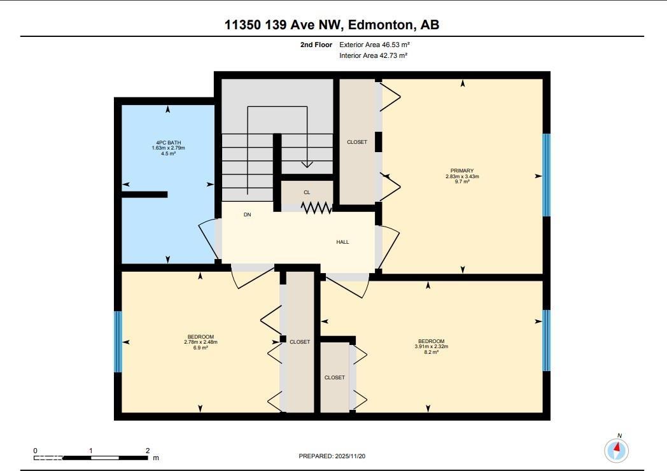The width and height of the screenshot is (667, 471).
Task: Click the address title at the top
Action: [332, 25]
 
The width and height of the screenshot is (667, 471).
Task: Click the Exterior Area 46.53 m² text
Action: [373, 45]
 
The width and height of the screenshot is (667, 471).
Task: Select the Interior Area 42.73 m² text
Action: [373, 55]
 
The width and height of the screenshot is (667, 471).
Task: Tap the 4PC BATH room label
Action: [168, 143]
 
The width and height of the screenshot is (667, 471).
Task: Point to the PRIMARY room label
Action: [462, 171]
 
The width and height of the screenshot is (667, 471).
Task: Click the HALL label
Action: [342, 242]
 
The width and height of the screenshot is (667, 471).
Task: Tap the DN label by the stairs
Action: [247, 215]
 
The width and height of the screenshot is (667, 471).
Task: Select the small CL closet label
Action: [307, 192]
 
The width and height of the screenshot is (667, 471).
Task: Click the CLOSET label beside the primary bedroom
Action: [357, 142]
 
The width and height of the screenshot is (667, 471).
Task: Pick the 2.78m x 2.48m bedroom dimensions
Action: [200, 342]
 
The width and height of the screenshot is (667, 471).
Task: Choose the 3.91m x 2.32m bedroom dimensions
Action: [432, 347]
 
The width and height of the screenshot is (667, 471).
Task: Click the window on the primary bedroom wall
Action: [546, 175]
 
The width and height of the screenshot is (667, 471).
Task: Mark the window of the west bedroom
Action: [118, 341]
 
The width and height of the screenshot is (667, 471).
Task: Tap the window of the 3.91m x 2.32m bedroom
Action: [546, 340]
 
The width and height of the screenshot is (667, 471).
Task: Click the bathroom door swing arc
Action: [208, 241]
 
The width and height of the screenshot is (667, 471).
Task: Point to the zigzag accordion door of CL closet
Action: [317, 207]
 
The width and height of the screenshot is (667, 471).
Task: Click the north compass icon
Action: [615, 450]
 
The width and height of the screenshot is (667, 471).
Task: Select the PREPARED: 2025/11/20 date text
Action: [333, 456]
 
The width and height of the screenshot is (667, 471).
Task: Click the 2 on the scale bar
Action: [148, 450]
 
